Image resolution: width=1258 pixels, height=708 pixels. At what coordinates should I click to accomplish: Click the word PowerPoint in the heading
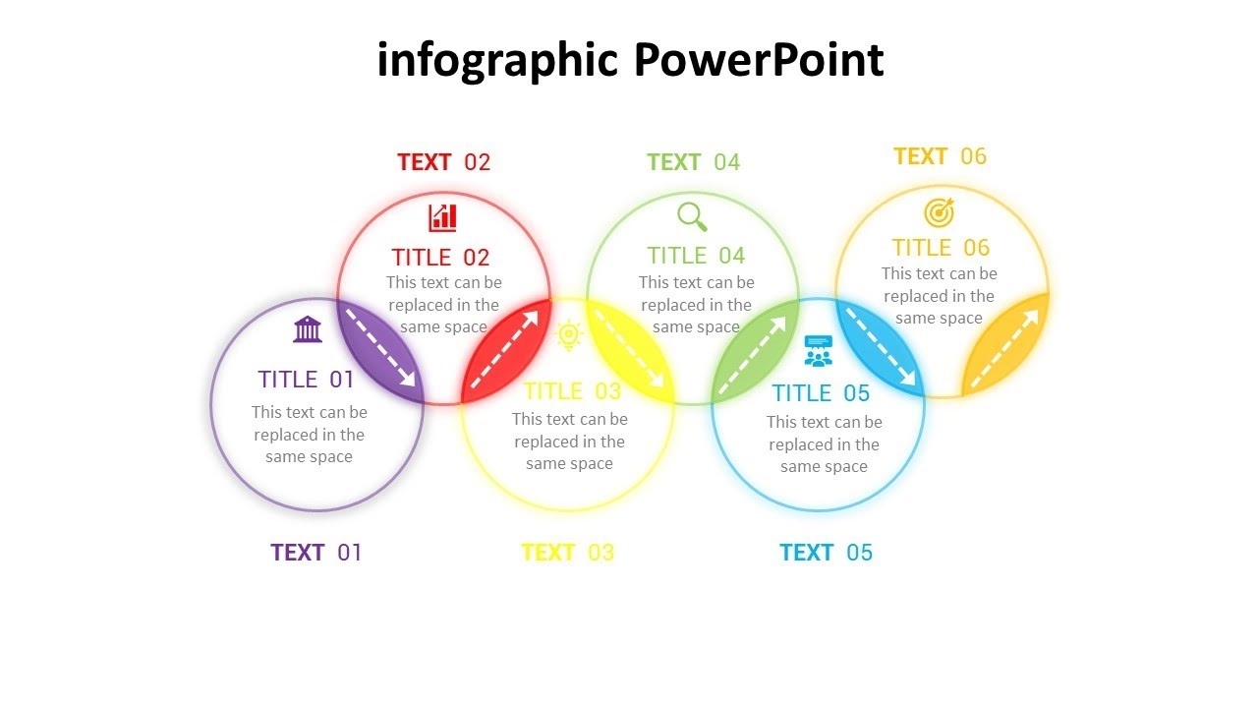(759, 60)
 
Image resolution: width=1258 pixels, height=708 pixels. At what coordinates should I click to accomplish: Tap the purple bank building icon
(308, 329)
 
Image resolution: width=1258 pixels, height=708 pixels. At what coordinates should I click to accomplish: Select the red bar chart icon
(442, 218)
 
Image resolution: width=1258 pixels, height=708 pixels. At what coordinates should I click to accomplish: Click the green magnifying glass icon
(692, 217)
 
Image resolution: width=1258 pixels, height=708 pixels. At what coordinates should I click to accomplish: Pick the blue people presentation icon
(819, 351)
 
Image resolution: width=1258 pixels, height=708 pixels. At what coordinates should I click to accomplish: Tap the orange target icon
(939, 212)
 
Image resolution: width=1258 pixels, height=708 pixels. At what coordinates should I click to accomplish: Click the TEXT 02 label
(443, 162)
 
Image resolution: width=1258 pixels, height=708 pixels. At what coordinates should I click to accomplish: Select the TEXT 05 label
(826, 553)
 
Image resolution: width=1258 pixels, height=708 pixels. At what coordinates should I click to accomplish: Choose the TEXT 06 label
(940, 156)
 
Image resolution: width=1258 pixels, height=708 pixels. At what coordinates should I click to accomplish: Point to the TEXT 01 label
(316, 553)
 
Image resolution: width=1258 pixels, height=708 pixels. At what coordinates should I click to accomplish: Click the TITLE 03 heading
(572, 391)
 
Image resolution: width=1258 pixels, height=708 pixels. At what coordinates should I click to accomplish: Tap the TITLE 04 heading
(696, 256)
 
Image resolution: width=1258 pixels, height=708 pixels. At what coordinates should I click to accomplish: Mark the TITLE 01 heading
(306, 380)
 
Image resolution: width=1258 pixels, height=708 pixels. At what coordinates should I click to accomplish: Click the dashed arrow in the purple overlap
(380, 348)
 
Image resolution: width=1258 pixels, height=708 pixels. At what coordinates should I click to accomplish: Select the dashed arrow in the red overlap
(504, 349)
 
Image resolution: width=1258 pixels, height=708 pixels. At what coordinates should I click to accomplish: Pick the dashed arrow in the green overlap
(753, 355)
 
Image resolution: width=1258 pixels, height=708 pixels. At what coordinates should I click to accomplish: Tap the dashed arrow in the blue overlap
(881, 347)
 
